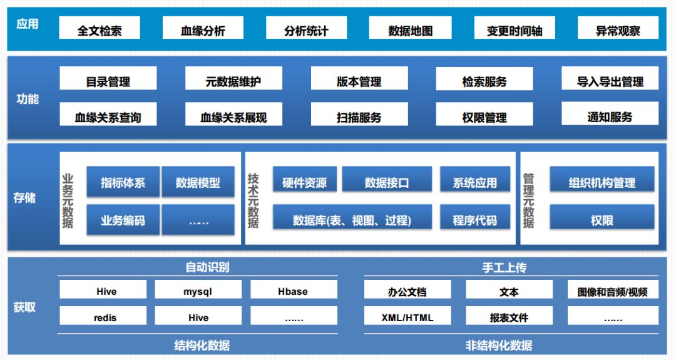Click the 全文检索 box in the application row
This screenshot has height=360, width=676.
click(x=100, y=29)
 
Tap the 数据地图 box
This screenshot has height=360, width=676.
click(x=410, y=29)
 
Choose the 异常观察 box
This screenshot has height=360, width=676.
click(x=618, y=29)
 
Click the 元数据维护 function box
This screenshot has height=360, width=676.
click(x=233, y=81)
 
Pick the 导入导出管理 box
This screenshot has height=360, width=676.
click(x=610, y=81)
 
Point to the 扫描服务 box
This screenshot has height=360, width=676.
click(x=359, y=116)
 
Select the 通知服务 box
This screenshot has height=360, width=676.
click(x=610, y=116)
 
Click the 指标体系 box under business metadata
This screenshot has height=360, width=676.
click(x=123, y=182)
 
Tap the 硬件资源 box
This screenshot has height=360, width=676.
click(x=304, y=182)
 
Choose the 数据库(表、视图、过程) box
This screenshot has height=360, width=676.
click(x=352, y=220)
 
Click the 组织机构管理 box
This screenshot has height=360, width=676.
click(x=602, y=182)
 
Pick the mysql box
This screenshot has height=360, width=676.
click(x=198, y=291)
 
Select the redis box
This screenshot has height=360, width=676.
click(x=105, y=317)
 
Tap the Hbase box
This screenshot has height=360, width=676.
click(x=293, y=291)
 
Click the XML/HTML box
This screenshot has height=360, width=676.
click(x=407, y=317)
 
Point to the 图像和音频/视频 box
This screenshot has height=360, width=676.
click(x=612, y=291)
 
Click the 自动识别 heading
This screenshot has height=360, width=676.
click(x=207, y=267)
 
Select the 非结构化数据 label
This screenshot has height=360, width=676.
click(x=499, y=345)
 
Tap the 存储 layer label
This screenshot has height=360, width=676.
click(x=24, y=198)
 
